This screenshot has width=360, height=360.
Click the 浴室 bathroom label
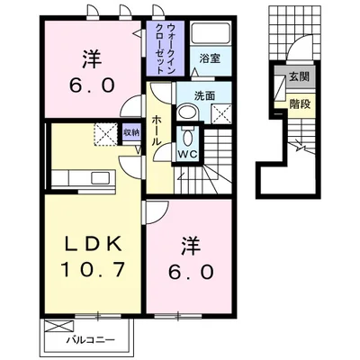click(211, 58)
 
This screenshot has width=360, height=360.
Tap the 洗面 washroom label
click(205, 95)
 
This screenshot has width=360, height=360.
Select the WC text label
click(188, 155)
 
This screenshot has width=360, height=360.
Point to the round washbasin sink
click(188, 112)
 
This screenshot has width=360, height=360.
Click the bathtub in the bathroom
click(211, 33)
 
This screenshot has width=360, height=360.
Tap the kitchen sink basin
click(100, 178)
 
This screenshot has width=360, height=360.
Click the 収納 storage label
click(131, 132)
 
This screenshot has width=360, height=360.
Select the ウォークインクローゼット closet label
click(166, 49)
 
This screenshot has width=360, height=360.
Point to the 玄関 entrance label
click(299, 77)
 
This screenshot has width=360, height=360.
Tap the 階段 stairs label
click(300, 104)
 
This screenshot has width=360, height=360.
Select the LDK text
click(93, 244)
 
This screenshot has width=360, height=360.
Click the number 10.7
click(93, 269)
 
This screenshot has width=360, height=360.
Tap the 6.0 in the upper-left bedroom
click(92, 85)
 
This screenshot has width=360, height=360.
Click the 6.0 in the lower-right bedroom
click(191, 273)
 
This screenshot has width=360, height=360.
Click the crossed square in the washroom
click(221, 113)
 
